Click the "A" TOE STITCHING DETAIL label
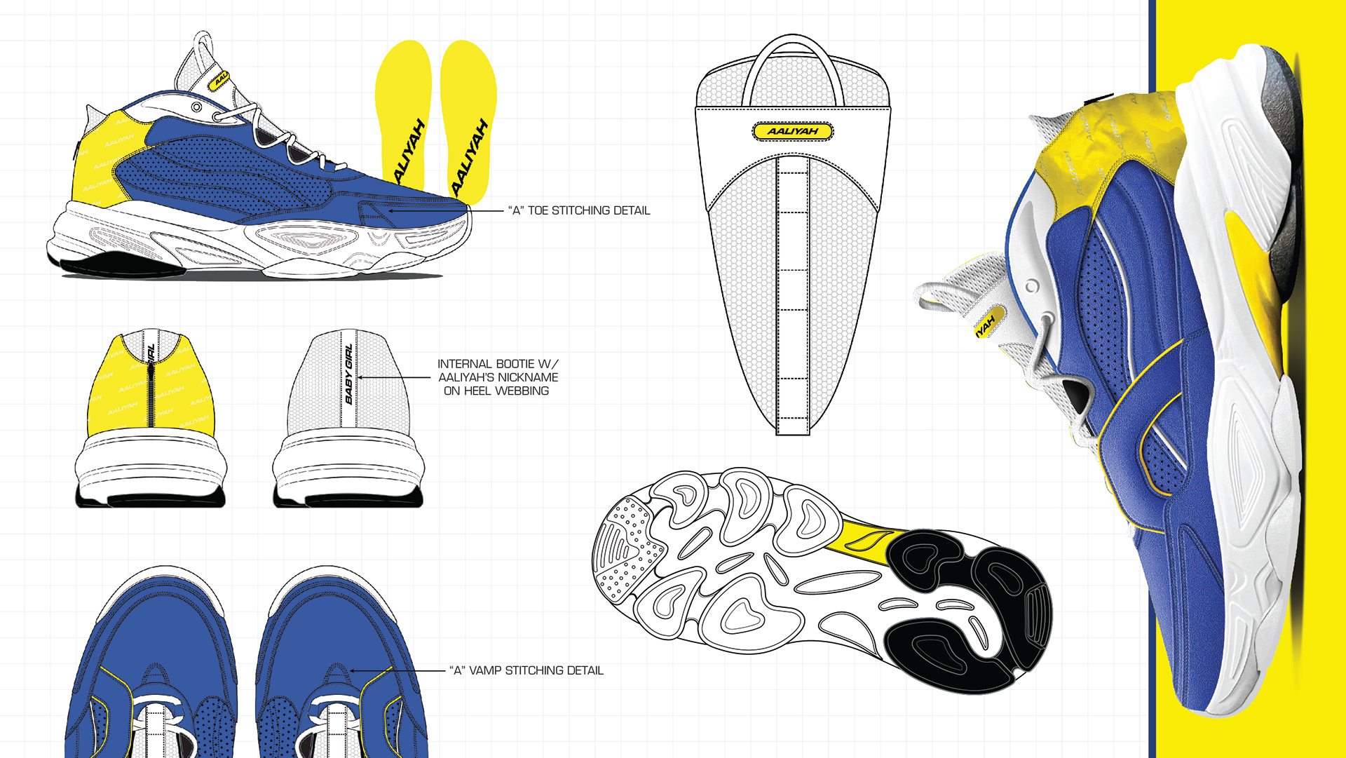pos(579,210)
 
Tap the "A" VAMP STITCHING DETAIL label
pos(526,670)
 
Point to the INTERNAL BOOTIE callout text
pos(498,377)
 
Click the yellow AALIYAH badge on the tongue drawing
pos(793,131)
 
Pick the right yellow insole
pos(468,119)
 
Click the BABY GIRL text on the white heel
pos(348,374)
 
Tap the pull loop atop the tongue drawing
pos(793,67)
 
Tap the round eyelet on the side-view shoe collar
pos(197,107)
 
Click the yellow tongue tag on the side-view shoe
pos(219,81)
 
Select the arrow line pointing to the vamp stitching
pos(400,671)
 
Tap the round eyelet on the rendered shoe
pos(1032,286)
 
